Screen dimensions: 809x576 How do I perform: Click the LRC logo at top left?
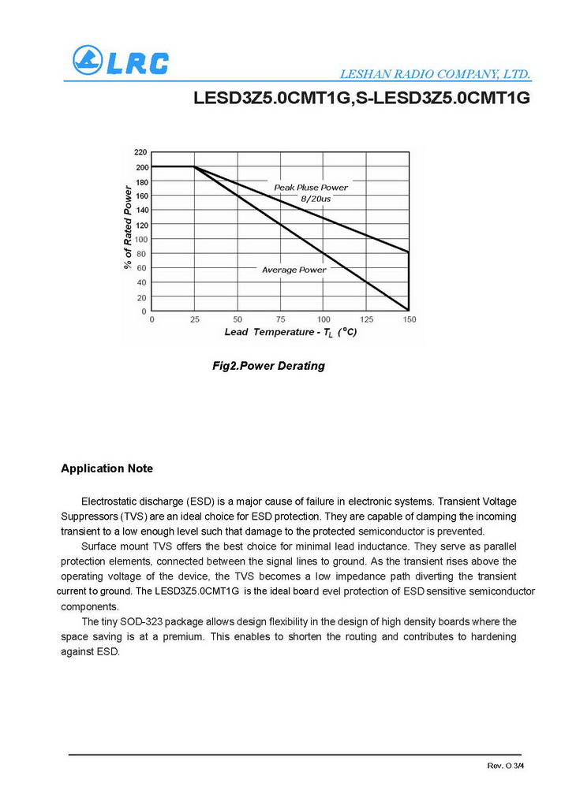coord(120,61)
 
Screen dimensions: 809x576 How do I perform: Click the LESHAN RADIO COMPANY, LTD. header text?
coord(435,75)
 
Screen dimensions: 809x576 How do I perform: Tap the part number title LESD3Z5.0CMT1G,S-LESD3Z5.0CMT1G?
coord(360,99)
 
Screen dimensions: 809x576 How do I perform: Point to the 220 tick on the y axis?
coord(140,151)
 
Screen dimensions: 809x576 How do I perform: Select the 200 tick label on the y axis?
coord(140,167)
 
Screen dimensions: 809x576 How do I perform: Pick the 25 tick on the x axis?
coord(194,319)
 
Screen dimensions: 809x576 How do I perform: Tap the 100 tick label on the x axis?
coord(324,319)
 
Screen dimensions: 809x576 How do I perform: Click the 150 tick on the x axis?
coord(410,319)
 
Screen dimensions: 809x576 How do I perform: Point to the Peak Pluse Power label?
coord(311,188)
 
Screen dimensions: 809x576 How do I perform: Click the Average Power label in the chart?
coord(294,270)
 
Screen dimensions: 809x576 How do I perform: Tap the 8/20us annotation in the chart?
coord(316,199)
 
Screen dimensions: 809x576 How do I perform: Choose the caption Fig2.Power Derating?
coord(269,366)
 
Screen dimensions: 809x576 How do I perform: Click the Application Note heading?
coord(107,468)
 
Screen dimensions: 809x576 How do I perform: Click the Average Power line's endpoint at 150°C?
coord(409,310)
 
